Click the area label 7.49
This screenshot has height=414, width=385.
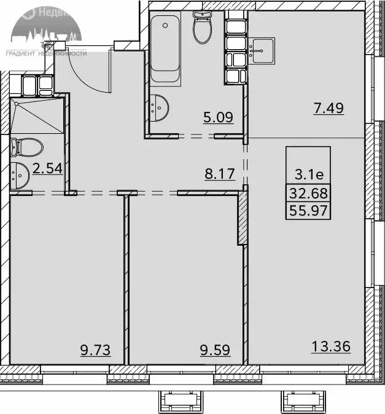coord(328,109)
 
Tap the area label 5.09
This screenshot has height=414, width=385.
coord(219,116)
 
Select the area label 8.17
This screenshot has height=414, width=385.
coord(219,173)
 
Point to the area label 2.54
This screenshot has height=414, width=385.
coord(48,168)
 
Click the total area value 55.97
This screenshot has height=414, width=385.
coord(309,213)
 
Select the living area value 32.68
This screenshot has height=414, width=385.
coord(309,194)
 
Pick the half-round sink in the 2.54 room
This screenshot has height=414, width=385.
coord(18,175)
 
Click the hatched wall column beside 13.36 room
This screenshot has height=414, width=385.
coord(243,218)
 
